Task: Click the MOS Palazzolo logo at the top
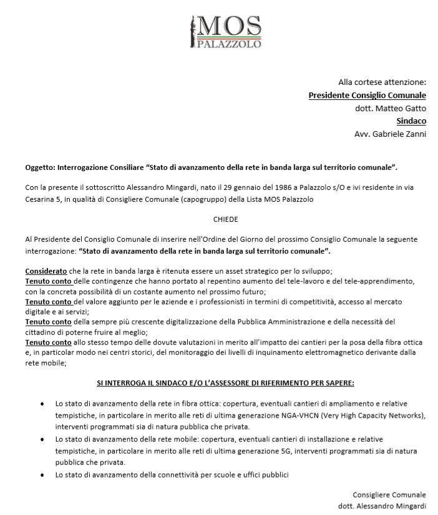pyautogui.click(x=225, y=29)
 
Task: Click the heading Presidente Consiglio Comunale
pyautogui.click(x=367, y=95)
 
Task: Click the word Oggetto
pyautogui.click(x=40, y=167)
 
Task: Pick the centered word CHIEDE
pyautogui.click(x=225, y=219)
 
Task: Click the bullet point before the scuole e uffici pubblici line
pyautogui.click(x=42, y=476)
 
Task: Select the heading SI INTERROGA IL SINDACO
pyautogui.click(x=226, y=381)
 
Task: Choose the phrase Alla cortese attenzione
pyautogui.click(x=382, y=82)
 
